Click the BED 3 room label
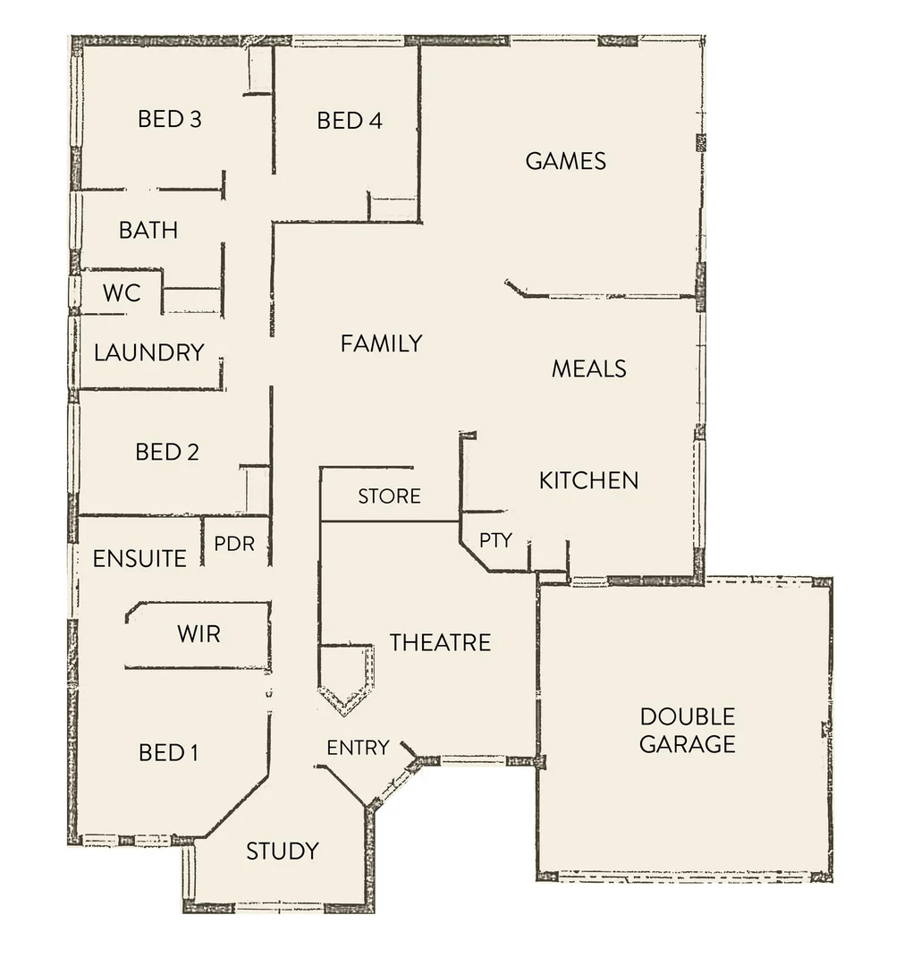(169, 119)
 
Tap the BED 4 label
(350, 121)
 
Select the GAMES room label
(566, 161)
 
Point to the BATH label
(148, 231)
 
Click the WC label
(122, 293)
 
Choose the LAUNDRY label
(149, 352)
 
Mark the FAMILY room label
(381, 343)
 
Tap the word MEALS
(588, 369)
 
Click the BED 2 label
(167, 453)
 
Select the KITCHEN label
(588, 481)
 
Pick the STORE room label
(389, 496)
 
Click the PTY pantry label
(495, 540)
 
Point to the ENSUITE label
(139, 559)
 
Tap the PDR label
(234, 544)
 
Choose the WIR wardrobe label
(199, 635)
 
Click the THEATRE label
(440, 642)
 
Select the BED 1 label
(168, 753)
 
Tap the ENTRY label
(358, 748)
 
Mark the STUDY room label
(283, 852)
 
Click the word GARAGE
(688, 744)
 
